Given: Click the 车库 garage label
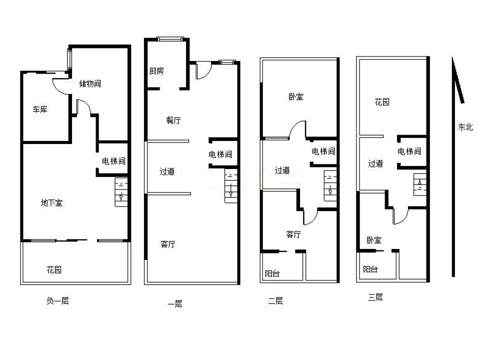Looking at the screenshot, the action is [x=40, y=109].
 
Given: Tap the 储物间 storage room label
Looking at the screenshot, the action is [x=90, y=83].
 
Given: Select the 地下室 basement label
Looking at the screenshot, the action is [x=51, y=202].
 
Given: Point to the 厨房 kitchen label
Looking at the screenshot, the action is [x=156, y=71].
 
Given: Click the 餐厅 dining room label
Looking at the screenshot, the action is [x=173, y=120].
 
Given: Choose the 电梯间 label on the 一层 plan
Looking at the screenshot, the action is [x=220, y=154].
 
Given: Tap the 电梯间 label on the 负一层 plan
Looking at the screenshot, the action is [x=113, y=161].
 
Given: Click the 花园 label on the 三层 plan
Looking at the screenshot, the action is [x=382, y=101].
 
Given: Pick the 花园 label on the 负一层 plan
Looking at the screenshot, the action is [x=54, y=269].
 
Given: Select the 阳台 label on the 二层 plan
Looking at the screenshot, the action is [x=272, y=273].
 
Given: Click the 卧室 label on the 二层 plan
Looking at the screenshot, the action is [x=296, y=96].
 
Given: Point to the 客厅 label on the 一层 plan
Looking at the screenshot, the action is [x=168, y=244].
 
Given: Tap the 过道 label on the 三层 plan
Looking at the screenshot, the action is [x=375, y=163].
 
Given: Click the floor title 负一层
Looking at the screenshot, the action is [x=57, y=301].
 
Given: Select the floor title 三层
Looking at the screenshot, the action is [x=375, y=297].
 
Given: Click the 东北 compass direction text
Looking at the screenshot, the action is [x=465, y=126].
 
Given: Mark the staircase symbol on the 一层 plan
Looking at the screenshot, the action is [x=231, y=186].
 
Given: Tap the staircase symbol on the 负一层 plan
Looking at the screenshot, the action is [x=121, y=192].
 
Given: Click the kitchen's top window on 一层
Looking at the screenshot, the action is [x=170, y=39].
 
